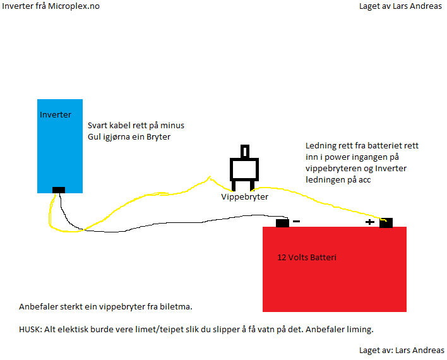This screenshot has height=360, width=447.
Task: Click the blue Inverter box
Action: point(60,152)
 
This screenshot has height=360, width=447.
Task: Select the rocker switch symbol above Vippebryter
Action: point(244,169)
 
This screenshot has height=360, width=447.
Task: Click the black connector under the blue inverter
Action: point(59,189)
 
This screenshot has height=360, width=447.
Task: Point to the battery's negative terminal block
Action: point(282,222)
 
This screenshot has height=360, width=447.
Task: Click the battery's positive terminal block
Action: point(386,222)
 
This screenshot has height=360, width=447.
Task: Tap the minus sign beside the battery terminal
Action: point(297,222)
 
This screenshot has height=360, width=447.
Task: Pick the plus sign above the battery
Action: point(369,222)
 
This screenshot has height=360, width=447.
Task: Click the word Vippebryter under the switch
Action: point(244,197)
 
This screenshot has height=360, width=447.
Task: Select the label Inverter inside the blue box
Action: point(55,115)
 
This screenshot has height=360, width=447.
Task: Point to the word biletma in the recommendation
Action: point(174,307)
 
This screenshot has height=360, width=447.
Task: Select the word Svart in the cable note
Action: point(98,126)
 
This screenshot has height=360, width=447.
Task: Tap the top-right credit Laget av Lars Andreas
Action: point(400,6)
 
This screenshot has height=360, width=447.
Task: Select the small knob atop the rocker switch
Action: point(244,152)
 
